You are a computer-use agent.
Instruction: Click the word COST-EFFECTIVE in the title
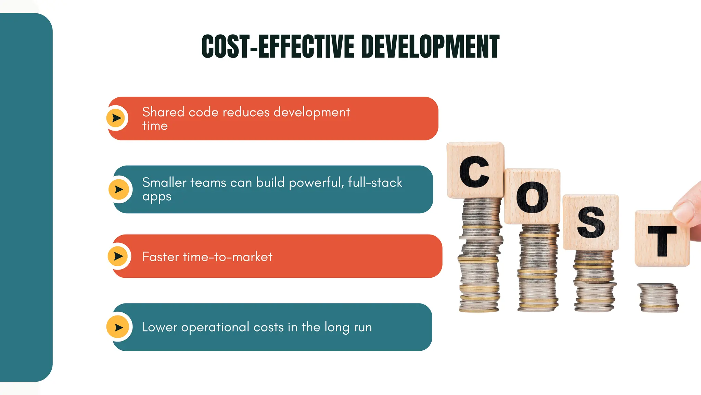278,47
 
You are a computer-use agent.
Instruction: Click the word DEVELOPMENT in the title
430,47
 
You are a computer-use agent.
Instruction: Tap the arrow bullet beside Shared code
116,118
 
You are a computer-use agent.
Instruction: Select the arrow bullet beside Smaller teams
118,189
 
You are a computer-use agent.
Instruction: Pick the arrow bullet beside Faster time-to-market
118,256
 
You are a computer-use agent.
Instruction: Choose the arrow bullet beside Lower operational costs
118,327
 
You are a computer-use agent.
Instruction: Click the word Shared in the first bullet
163,112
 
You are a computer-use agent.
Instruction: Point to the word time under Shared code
155,126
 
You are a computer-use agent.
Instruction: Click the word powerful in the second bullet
316,183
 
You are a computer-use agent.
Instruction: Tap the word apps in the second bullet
156,197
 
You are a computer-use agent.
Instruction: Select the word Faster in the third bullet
161,257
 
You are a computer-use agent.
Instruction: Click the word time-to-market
228,257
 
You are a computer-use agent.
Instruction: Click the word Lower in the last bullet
160,327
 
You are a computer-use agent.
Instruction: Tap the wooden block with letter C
475,170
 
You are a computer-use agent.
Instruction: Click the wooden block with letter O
532,196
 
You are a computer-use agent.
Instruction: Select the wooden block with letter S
591,222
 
